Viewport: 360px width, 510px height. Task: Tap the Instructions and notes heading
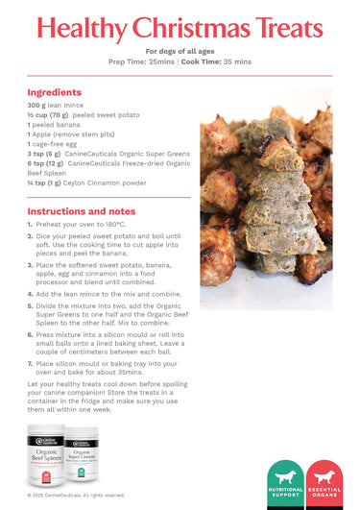coord(81,210)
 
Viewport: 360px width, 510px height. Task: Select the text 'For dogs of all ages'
coord(180,51)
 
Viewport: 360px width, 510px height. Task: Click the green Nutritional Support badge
coord(284,485)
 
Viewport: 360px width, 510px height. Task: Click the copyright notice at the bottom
coord(76,496)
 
